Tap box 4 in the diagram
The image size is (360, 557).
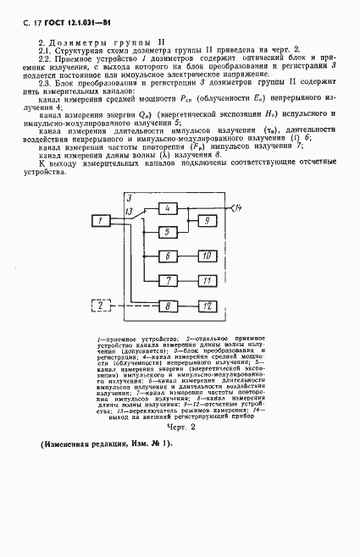(169, 208)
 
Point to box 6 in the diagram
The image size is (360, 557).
(169, 256)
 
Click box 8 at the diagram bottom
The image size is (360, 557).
(169, 305)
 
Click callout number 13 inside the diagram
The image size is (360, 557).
(130, 211)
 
